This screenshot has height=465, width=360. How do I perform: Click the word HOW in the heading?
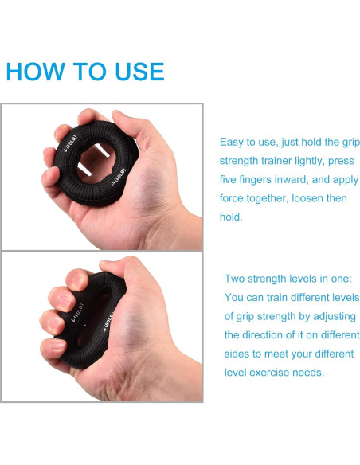coord(35,72)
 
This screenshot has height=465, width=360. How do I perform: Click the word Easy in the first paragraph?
coord(231,143)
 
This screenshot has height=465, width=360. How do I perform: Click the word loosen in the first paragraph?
coord(307,198)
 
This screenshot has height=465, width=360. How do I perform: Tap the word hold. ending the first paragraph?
coord(231,217)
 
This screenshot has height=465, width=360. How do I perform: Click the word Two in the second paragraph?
coord(234,279)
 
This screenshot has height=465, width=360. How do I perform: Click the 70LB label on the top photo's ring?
coord(71,144)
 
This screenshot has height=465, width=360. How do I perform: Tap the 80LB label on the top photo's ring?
coord(119,177)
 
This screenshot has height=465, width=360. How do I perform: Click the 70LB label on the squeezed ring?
coord(78,313)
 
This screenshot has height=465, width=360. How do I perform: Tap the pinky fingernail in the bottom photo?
coord(57,346)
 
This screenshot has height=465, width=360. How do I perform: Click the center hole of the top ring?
coord(96,162)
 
